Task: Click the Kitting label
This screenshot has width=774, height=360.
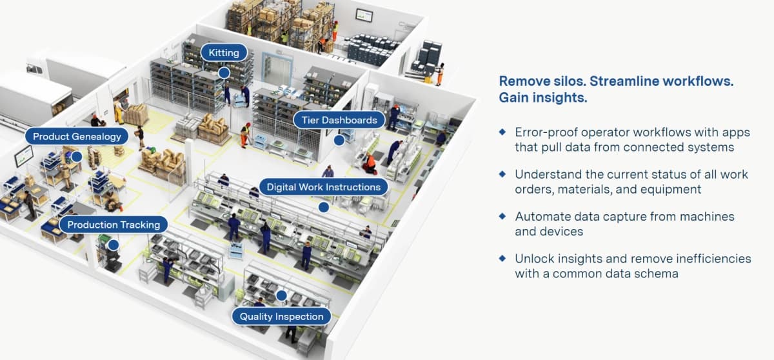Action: (223, 52)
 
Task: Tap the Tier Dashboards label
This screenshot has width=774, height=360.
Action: (339, 119)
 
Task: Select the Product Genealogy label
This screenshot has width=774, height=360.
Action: (77, 136)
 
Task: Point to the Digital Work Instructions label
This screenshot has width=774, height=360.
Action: (324, 187)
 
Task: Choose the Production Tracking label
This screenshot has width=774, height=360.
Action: (114, 225)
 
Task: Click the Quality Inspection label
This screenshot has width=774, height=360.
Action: (281, 316)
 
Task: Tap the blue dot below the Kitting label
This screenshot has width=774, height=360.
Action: (223, 73)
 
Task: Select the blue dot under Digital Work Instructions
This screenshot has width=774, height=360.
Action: (324, 207)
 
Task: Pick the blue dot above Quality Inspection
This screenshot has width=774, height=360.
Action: (281, 296)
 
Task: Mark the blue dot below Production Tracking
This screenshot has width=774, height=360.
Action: (114, 245)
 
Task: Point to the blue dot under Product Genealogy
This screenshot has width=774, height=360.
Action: (77, 156)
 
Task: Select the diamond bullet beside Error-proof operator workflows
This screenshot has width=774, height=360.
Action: (503, 132)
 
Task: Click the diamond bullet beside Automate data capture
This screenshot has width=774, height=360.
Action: (503, 216)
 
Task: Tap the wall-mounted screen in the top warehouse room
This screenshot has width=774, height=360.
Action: (364, 14)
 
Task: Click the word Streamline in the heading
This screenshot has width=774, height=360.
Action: (623, 82)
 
